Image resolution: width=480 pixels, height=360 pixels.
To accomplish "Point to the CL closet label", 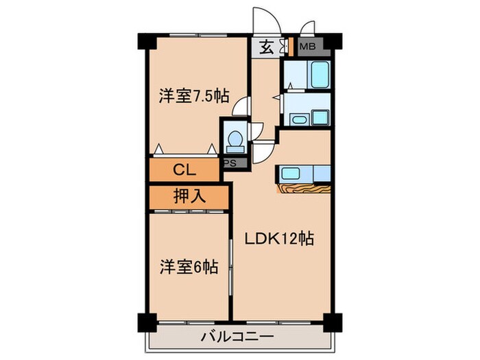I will pyautogui.click(x=182, y=169).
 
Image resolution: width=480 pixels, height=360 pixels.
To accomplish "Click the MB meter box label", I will pyautogui.click(x=310, y=47).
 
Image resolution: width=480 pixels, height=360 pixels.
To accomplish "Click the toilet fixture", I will pyautogui.click(x=233, y=141).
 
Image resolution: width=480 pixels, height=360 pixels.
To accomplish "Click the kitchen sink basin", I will pyautogui.click(x=289, y=172).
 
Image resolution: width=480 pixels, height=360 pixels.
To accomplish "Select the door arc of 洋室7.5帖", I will pyautogui.click(x=240, y=107).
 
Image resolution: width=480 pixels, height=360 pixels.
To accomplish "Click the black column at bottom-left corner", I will pyautogui.click(x=145, y=321).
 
